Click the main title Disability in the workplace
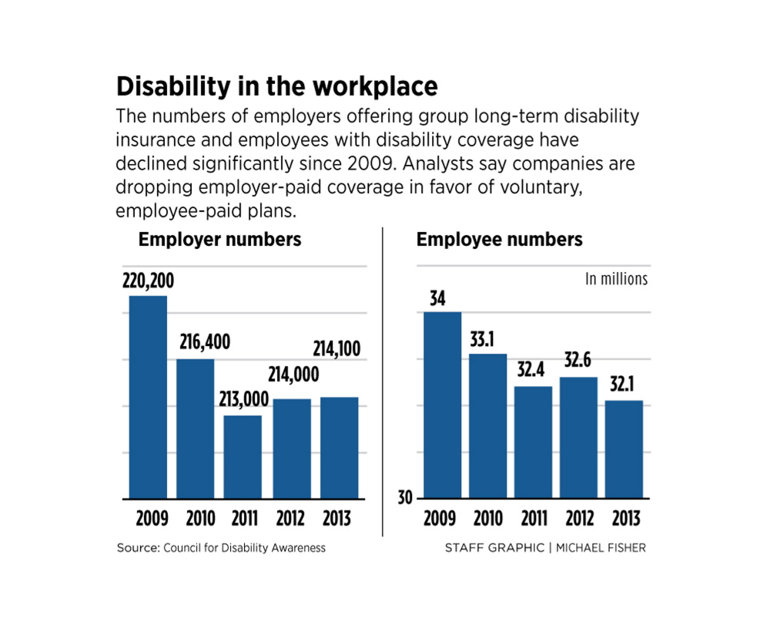(276, 86)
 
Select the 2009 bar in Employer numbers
(148, 397)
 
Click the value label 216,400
(205, 343)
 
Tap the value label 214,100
(336, 350)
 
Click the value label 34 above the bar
(437, 297)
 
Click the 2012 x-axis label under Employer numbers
(291, 519)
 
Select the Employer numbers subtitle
(219, 240)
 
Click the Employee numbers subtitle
(499, 240)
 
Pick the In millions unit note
(616, 279)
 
